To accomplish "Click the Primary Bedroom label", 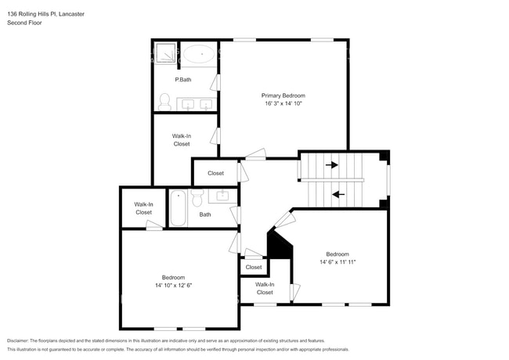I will tap(283, 95).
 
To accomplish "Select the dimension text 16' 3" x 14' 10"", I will tap(283, 103).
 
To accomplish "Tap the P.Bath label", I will tap(182, 80).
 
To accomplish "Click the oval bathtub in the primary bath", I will tap(198, 55).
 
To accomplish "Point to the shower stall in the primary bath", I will tap(164, 53).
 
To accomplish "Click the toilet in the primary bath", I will tap(164, 101).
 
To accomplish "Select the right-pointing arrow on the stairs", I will tap(332, 165).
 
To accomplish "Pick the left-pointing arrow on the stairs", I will tap(338, 194).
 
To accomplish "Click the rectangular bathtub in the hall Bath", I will tap(179, 208).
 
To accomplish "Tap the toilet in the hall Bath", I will tap(197, 193).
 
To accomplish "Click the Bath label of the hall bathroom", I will tap(205, 214).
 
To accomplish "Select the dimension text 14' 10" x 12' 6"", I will tap(173, 285).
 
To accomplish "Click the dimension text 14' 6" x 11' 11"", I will tap(338, 262).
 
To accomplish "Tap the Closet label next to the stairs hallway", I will tap(215, 173).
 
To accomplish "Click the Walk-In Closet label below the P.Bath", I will tap(182, 140).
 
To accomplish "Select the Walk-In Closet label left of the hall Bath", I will tap(143, 208).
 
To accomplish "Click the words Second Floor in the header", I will tap(24, 23).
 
